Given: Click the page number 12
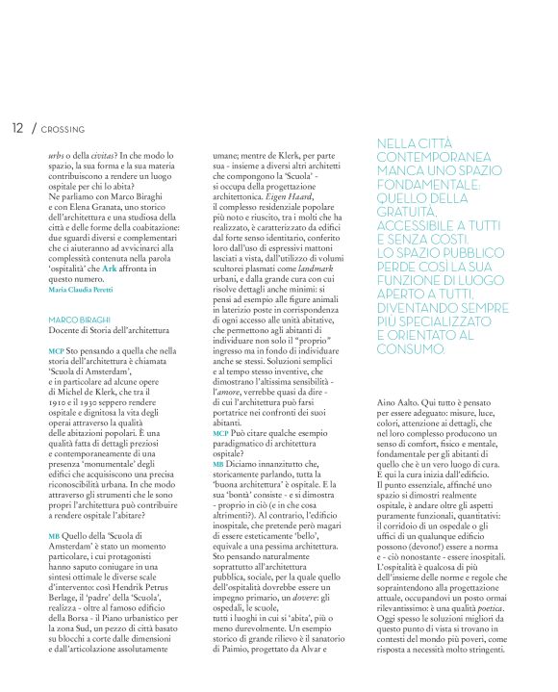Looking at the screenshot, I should pos(16,127).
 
